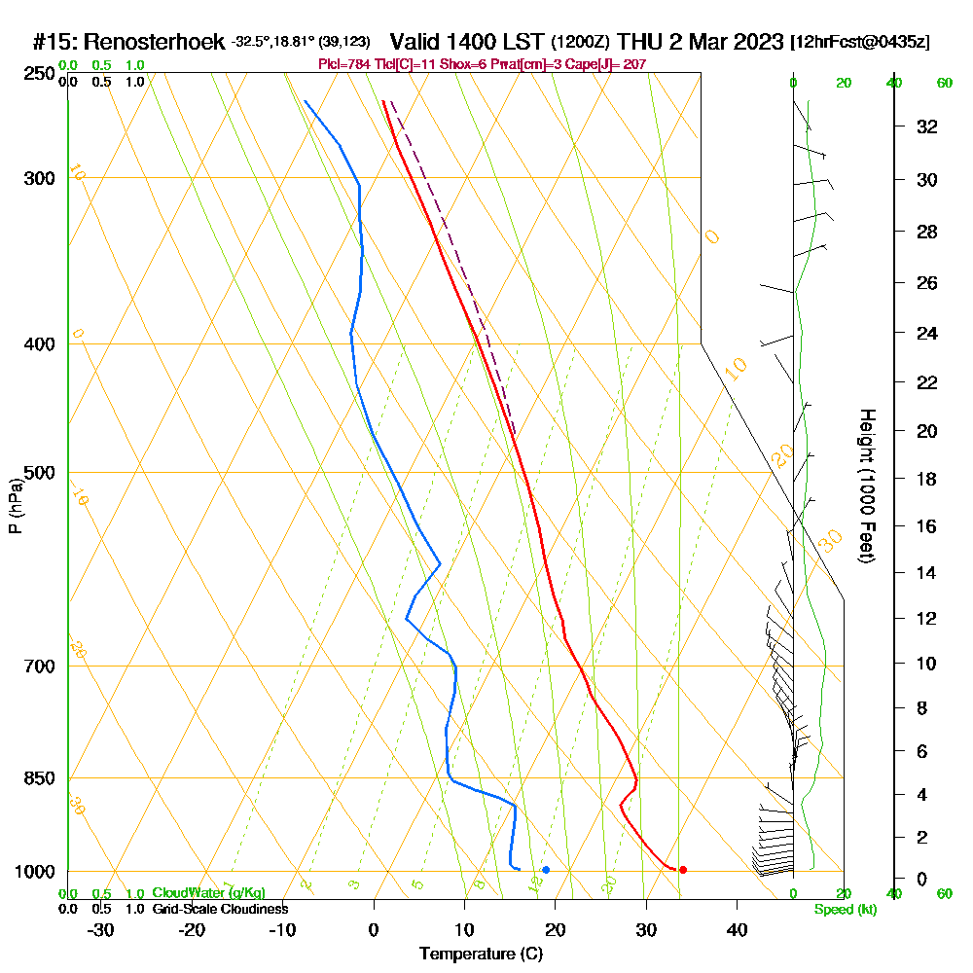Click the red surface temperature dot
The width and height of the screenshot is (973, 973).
point(683,870)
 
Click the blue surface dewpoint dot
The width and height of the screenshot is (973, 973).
point(546,870)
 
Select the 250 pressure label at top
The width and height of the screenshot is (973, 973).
point(38,73)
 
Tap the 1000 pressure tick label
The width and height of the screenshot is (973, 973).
point(34,872)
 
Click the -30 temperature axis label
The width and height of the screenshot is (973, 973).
point(101,929)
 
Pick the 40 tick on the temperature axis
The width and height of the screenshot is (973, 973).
point(738,929)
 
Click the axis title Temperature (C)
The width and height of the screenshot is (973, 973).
point(481,955)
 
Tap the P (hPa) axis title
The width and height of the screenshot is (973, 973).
point(15,506)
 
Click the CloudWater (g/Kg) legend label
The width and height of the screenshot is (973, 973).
point(208,893)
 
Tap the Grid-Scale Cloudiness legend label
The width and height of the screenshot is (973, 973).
point(220,909)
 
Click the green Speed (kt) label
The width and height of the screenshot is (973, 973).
point(846,909)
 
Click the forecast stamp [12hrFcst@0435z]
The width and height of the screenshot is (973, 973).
point(860,42)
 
